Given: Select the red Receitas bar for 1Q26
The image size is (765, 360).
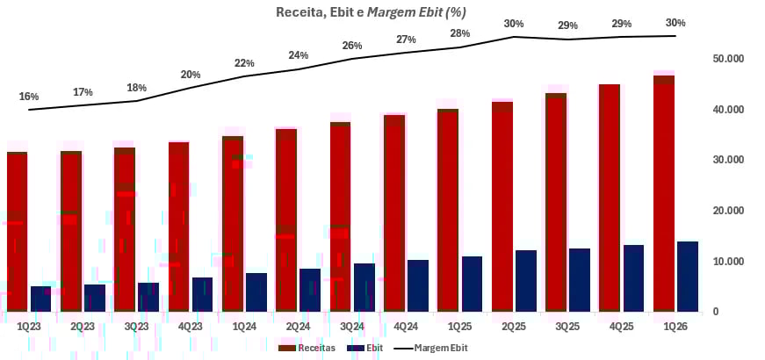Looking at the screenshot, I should (x=664, y=193).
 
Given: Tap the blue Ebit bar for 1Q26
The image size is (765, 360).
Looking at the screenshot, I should (x=688, y=277).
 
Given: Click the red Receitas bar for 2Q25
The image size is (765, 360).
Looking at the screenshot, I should (x=502, y=206).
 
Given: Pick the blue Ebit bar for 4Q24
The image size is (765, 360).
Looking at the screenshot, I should (x=418, y=285).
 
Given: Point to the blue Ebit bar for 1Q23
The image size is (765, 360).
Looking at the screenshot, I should (x=41, y=299).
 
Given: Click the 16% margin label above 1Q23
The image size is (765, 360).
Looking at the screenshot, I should (x=28, y=96).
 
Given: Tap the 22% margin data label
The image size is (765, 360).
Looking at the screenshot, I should (x=244, y=63).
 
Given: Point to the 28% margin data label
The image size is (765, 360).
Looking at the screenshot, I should (x=460, y=33).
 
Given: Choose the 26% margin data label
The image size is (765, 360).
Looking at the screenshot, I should (x=352, y=46).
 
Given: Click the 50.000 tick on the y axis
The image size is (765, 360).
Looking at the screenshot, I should (x=728, y=59).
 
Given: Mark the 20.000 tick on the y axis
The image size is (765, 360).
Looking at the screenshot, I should (x=728, y=211).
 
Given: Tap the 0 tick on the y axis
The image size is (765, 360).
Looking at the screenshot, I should (x=715, y=312).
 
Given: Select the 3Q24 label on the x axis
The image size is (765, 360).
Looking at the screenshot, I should (x=351, y=327).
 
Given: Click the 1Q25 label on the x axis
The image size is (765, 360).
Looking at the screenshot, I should (x=459, y=327).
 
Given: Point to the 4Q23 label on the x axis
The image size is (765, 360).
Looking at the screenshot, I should (x=190, y=327).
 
